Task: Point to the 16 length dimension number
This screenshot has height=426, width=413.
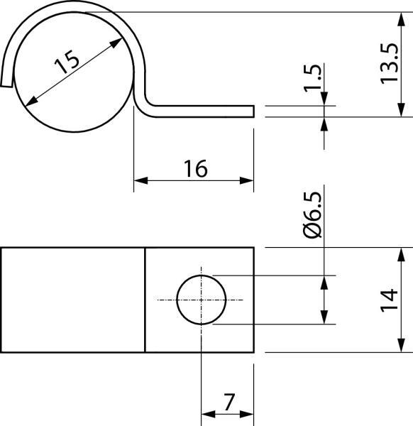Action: [x=194, y=169]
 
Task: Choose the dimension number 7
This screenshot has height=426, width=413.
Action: [x=228, y=403]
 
